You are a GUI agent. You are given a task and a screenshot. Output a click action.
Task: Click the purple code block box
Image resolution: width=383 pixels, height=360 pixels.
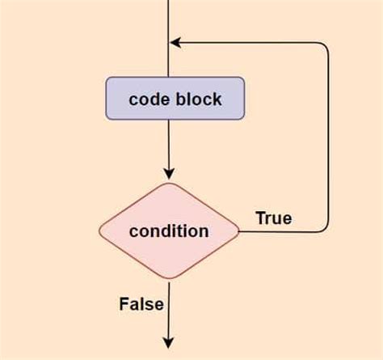click(175, 99)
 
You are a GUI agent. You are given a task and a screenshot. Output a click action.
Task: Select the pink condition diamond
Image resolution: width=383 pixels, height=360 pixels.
click(169, 231)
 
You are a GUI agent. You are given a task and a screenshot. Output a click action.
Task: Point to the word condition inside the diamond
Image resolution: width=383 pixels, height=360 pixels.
click(169, 231)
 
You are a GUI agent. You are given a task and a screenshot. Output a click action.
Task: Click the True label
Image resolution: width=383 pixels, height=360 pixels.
click(273, 218)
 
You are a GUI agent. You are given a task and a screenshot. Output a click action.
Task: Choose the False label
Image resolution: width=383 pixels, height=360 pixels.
click(141, 304)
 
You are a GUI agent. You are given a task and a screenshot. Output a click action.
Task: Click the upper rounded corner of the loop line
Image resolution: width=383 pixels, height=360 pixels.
click(325, 46)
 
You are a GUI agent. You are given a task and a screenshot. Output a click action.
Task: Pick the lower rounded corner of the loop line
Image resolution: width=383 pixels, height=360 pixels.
click(325, 227)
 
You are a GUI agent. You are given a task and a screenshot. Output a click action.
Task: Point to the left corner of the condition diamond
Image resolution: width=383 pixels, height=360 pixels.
click(99, 231)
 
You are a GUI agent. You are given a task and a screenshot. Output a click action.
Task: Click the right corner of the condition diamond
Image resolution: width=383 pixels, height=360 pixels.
click(239, 231)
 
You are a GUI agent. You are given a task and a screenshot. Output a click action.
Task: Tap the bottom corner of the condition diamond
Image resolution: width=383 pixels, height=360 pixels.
click(169, 281)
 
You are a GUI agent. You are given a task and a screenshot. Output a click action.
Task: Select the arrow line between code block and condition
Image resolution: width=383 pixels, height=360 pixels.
click(169, 146)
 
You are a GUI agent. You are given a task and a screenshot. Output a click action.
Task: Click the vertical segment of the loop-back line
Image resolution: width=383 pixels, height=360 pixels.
click(329, 138)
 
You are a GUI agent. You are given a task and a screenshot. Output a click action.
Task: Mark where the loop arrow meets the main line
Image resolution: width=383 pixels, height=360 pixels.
click(170, 42)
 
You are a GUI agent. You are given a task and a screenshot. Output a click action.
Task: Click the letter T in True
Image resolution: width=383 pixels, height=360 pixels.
click(260, 218)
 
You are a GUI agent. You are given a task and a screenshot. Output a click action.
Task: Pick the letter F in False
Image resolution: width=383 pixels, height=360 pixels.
click(124, 304)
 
